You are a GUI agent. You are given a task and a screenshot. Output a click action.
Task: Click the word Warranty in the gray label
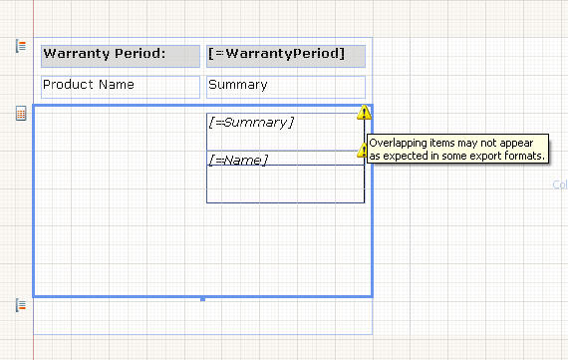pyautogui.click(x=77, y=54)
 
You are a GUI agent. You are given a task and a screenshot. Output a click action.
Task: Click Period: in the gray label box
pyautogui.click(x=140, y=53)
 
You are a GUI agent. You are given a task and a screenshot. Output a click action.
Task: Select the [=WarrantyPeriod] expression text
pyautogui.click(x=276, y=54)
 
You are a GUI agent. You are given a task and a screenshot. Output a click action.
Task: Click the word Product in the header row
pyautogui.click(x=68, y=85)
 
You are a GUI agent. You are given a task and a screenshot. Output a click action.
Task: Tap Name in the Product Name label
pyautogui.click(x=117, y=85)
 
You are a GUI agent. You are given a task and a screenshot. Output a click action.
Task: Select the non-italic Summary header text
pyautogui.click(x=237, y=85)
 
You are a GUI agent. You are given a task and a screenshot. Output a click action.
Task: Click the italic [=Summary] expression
pyautogui.click(x=251, y=123)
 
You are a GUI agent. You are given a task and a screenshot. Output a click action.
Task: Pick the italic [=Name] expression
pyautogui.click(x=238, y=160)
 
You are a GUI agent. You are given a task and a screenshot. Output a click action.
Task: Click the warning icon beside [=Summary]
pyautogui.click(x=364, y=113)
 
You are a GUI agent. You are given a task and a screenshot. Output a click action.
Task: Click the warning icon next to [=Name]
pyautogui.click(x=362, y=151)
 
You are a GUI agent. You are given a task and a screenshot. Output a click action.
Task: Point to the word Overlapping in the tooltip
pyautogui.click(x=399, y=144)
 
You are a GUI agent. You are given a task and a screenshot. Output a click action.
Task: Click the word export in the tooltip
pyautogui.click(x=482, y=157)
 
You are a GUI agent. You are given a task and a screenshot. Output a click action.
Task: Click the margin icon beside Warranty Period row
pyautogui.click(x=21, y=47)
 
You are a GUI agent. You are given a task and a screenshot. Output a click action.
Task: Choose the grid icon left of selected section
pyautogui.click(x=21, y=113)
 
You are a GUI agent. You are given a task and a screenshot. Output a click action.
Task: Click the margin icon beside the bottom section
pyautogui.click(x=21, y=305)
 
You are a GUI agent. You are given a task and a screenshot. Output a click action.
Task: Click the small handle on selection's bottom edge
pyautogui.click(x=203, y=299)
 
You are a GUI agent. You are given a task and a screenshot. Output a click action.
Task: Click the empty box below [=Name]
pyautogui.click(x=285, y=183)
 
